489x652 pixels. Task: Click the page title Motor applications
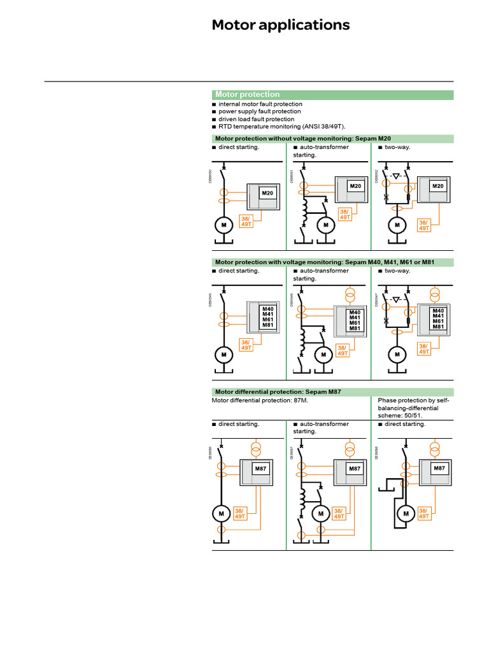[280, 25]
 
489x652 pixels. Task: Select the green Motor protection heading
[248, 94]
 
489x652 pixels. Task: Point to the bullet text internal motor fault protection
[260, 104]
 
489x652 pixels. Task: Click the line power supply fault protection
[259, 111]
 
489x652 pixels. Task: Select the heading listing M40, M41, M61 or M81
[324, 262]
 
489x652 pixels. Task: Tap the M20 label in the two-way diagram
[438, 186]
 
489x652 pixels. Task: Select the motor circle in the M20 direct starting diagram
[223, 225]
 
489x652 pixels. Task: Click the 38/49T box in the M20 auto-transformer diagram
[344, 215]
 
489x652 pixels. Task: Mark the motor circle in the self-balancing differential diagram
[404, 513]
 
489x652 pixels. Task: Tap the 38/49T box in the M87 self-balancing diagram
[423, 513]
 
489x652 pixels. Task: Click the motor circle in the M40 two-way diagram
[397, 354]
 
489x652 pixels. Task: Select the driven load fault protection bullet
[256, 119]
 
